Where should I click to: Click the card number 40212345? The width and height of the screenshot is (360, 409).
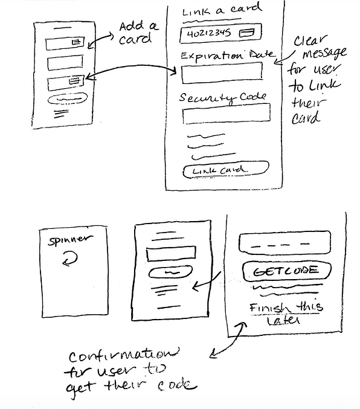[x=209, y=34]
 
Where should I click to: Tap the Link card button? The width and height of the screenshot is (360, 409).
[x=226, y=170]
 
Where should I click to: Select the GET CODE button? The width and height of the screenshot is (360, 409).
[x=286, y=271]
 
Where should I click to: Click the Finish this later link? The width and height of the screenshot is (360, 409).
[x=286, y=314]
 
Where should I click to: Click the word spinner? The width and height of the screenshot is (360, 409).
[x=70, y=240]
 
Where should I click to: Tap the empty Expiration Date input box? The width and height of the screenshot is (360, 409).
[x=222, y=72]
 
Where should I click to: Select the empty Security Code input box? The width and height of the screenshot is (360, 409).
[x=227, y=114]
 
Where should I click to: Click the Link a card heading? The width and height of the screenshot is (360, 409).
[x=222, y=11]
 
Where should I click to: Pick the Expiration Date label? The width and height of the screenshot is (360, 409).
[x=228, y=56]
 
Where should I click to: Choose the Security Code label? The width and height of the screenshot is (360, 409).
[x=222, y=98]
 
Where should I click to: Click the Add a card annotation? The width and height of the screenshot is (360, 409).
[x=138, y=33]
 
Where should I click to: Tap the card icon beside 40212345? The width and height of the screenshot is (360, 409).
[x=246, y=33]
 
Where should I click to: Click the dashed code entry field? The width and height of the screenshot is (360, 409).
[x=284, y=243]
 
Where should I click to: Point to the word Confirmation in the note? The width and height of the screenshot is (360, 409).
[x=124, y=355]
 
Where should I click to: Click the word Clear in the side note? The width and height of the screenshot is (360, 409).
[x=310, y=41]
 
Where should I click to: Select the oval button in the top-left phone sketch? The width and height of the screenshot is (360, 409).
[x=68, y=99]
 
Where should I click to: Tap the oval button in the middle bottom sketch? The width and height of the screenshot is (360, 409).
[x=170, y=272]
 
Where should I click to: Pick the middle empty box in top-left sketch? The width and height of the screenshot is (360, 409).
[x=65, y=63]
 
